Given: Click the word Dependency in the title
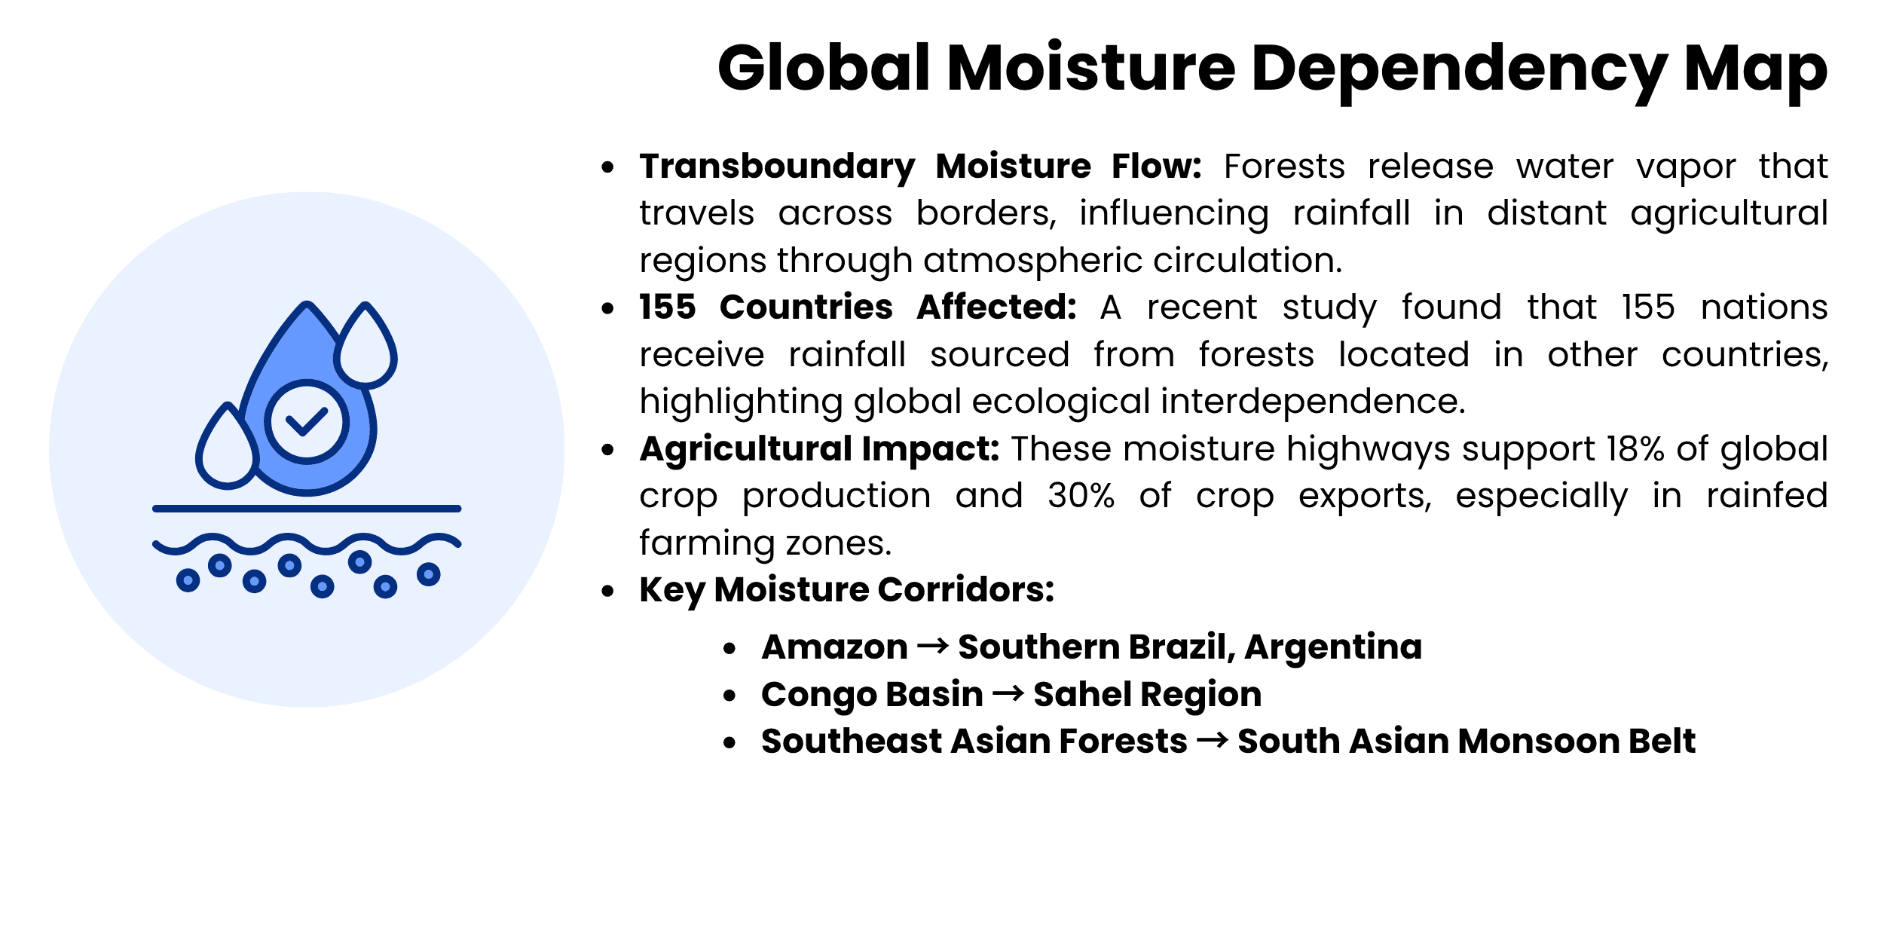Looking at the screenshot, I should click(1458, 69).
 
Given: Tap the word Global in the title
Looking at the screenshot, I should click(824, 69).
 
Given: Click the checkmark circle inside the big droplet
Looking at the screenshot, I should click(307, 421).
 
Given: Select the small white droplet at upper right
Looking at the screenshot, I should click(365, 347).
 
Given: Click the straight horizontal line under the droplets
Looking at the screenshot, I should click(307, 509).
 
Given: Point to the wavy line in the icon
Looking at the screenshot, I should click(307, 543).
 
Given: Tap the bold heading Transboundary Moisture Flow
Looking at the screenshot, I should click(920, 167).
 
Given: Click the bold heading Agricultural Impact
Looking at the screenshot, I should click(819, 449).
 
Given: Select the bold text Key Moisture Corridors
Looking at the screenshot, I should click(846, 590).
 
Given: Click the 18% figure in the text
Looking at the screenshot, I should click(1635, 449).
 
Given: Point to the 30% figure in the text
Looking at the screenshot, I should click(1081, 496).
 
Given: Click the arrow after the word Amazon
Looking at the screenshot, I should click(933, 647).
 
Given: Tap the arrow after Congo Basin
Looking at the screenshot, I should click(1008, 693).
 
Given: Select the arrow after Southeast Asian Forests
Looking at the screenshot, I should click(1213, 741).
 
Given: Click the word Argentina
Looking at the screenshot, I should click(1333, 647).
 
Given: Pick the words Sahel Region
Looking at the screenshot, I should click(1147, 694).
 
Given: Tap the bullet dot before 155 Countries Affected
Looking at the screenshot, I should click(608, 308).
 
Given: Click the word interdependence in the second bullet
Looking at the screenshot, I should click(1313, 402).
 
